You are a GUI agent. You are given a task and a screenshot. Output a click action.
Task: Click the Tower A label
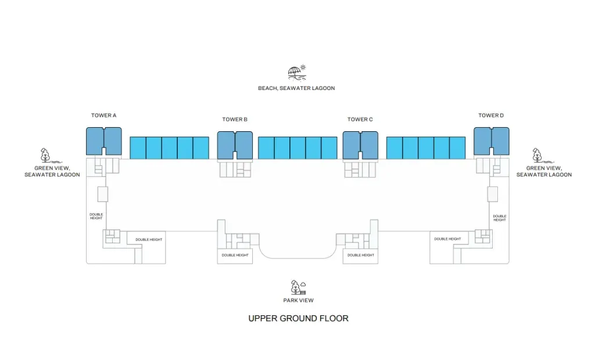[103, 116]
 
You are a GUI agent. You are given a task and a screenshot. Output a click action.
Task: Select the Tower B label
[235, 120]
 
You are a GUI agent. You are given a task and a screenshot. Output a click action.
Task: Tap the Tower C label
[360, 120]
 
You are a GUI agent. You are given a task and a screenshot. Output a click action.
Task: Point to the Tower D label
[491, 116]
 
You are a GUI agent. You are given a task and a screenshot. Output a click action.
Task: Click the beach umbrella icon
[297, 73]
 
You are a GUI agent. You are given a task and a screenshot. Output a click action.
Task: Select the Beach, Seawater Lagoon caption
[296, 88]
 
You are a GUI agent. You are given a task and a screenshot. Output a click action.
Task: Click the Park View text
[298, 300]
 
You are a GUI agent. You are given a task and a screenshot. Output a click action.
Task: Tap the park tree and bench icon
[298, 287]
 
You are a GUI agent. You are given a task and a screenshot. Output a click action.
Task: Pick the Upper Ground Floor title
[298, 318]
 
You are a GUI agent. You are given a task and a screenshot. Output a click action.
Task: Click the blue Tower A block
[104, 141]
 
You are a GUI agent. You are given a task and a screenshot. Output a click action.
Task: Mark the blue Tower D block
[492, 141]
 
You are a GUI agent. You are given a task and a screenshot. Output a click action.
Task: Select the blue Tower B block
[235, 145]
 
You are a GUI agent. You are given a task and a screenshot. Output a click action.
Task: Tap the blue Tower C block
[360, 145]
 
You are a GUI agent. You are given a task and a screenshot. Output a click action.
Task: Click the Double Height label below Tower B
[235, 255]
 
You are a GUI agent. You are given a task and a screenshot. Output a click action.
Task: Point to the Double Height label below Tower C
[361, 255]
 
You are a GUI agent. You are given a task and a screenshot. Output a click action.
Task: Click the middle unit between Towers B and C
[298, 148]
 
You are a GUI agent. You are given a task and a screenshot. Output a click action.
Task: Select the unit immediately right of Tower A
[138, 148]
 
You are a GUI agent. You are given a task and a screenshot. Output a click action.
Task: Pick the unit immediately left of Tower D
[457, 148]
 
